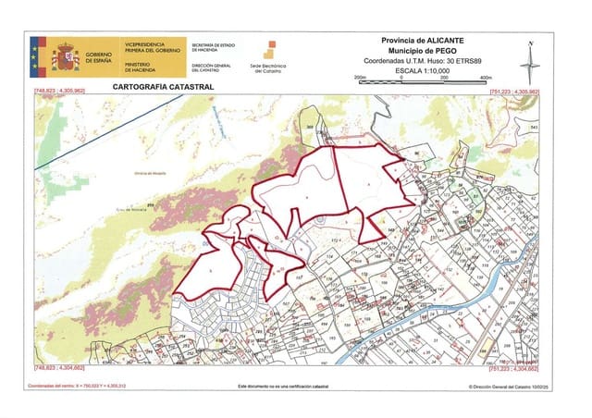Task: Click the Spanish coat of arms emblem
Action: pos(65,57)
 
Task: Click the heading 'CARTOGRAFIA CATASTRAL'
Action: pos(162,86)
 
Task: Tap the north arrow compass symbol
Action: pos(528,64)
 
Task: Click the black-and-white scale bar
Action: pos(425,82)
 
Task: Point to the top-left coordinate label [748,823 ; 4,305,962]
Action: pos(58,92)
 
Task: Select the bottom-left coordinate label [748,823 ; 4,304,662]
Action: pos(58,367)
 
